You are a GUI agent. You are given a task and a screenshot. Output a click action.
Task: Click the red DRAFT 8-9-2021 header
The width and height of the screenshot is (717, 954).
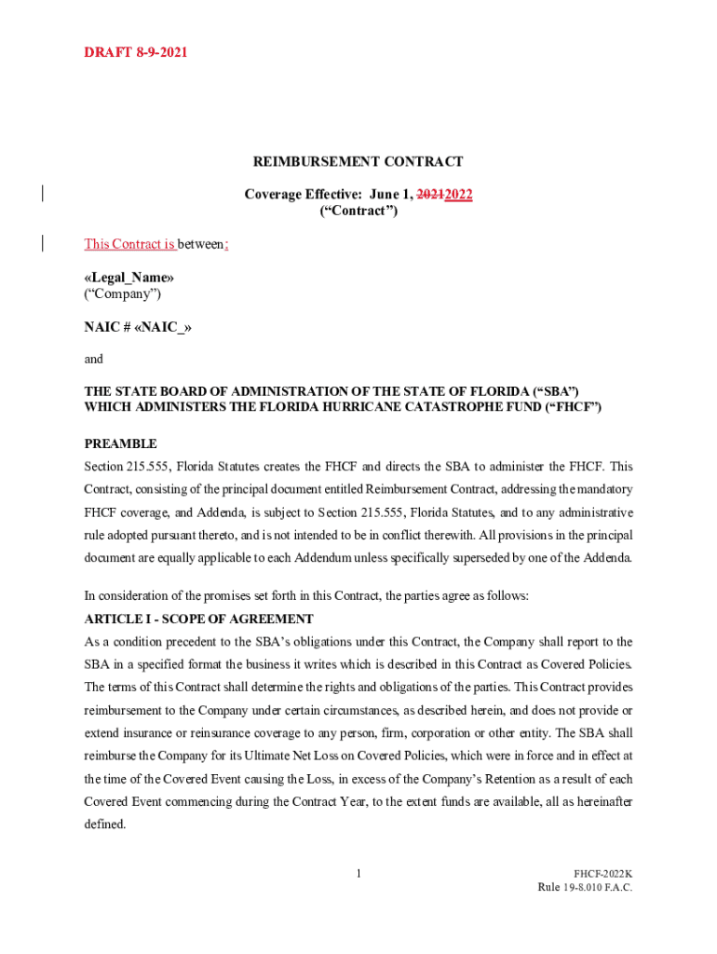[136, 52]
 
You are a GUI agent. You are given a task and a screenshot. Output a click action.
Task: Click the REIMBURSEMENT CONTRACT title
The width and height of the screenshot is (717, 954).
[358, 162]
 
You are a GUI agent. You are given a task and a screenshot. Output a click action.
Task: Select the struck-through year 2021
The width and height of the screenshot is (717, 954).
[429, 195]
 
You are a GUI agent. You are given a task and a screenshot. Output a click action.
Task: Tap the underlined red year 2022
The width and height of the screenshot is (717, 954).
[458, 195]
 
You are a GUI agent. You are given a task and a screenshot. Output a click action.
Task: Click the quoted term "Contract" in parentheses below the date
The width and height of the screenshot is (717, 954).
[358, 211]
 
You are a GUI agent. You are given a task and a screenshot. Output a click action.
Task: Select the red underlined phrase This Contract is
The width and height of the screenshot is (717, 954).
[129, 244]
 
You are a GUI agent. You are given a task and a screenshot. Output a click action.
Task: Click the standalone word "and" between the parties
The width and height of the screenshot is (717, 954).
[94, 359]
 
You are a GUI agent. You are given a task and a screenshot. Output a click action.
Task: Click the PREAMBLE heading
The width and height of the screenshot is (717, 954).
[121, 443]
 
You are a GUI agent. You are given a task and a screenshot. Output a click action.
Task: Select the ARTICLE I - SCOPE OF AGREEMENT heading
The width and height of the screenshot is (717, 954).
[199, 619]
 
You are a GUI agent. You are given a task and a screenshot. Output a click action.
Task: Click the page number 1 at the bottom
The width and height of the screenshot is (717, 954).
[358, 873]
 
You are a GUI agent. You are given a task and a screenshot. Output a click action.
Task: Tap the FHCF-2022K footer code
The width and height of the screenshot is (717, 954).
[602, 874]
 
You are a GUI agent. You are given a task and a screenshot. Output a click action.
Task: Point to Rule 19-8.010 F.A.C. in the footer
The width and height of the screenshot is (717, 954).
[585, 888]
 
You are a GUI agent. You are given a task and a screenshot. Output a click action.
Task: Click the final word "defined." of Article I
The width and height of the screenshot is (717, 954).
[104, 825]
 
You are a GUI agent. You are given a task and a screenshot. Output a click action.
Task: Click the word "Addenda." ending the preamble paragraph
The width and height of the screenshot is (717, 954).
[607, 558]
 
